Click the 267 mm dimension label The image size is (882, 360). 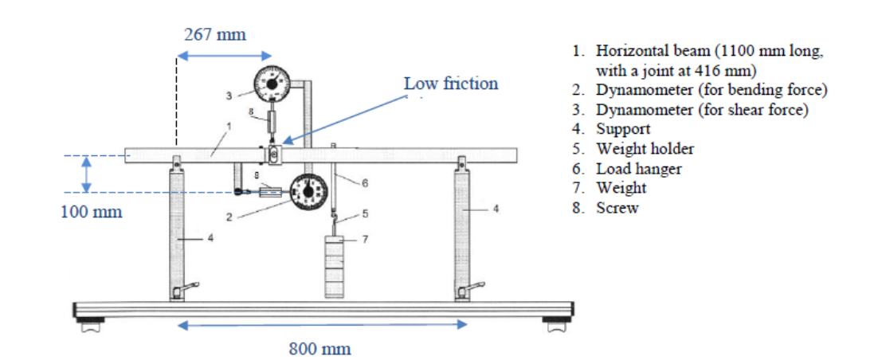215,35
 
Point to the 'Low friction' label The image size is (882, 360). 450,84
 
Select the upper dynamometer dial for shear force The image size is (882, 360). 272,83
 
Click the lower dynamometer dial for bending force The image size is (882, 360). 308,192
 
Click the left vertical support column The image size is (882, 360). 176,231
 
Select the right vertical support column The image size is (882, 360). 461,231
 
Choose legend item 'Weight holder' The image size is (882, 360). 644,149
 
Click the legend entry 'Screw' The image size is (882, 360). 617,209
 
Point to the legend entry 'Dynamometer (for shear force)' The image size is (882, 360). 701,110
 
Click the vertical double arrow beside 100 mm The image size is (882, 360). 88,174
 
